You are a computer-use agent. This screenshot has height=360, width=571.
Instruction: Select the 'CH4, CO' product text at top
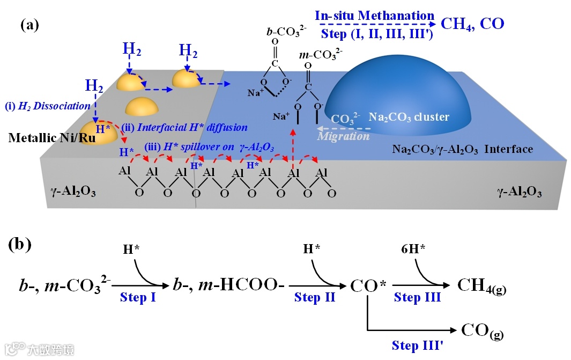click(472, 24)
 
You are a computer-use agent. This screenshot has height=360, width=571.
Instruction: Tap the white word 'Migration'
click(343, 136)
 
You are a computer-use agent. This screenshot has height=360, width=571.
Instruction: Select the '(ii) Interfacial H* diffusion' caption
click(186, 127)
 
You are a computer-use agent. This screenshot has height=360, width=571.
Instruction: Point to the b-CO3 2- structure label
click(286, 31)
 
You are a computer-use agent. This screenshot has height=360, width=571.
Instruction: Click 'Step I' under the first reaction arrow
click(138, 297)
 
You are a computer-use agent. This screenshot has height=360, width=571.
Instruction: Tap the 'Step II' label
click(315, 297)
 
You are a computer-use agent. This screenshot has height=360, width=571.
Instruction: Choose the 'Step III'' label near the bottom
click(417, 344)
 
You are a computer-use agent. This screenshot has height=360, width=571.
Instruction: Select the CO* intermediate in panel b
click(368, 284)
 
